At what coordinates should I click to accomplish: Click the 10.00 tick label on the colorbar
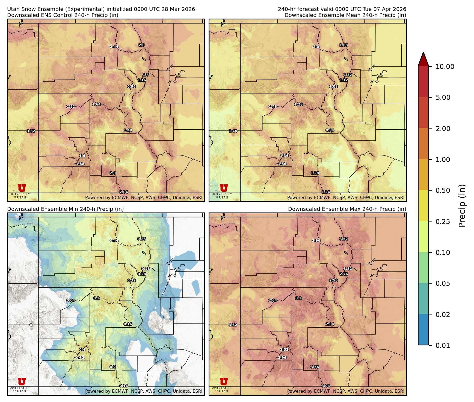click(445, 66)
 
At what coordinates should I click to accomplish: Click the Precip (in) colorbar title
click(462, 206)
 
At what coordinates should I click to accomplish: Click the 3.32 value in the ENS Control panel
click(31, 131)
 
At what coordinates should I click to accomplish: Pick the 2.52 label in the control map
click(71, 106)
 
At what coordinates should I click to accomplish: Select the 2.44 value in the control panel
click(114, 47)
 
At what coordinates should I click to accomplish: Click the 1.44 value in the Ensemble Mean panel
click(233, 131)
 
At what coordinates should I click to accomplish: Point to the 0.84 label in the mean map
click(330, 130)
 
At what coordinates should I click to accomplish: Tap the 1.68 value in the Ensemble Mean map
click(343, 45)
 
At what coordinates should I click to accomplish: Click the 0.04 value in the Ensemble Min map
click(71, 300)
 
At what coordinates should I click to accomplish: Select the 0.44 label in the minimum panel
click(114, 241)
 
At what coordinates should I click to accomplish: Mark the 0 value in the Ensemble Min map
click(31, 325)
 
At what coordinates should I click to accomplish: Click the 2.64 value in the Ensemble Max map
click(273, 300)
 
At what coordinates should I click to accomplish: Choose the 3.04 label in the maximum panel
click(325, 386)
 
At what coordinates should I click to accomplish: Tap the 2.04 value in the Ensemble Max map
click(330, 324)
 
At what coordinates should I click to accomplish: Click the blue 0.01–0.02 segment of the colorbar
click(423, 330)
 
